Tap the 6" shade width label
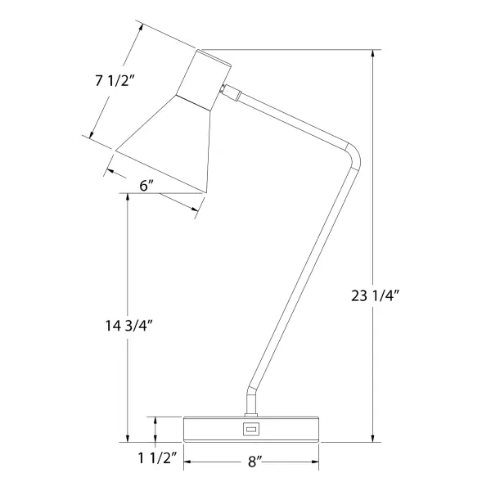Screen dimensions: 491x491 (147, 186)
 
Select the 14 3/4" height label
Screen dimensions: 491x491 (128, 325)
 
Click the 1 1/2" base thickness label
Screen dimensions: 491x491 (151, 458)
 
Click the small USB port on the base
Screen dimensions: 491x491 (250, 428)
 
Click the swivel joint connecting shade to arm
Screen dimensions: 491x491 (228, 92)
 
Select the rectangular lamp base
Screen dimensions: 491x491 (250, 429)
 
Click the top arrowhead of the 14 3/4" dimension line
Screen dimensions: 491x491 (128, 199)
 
